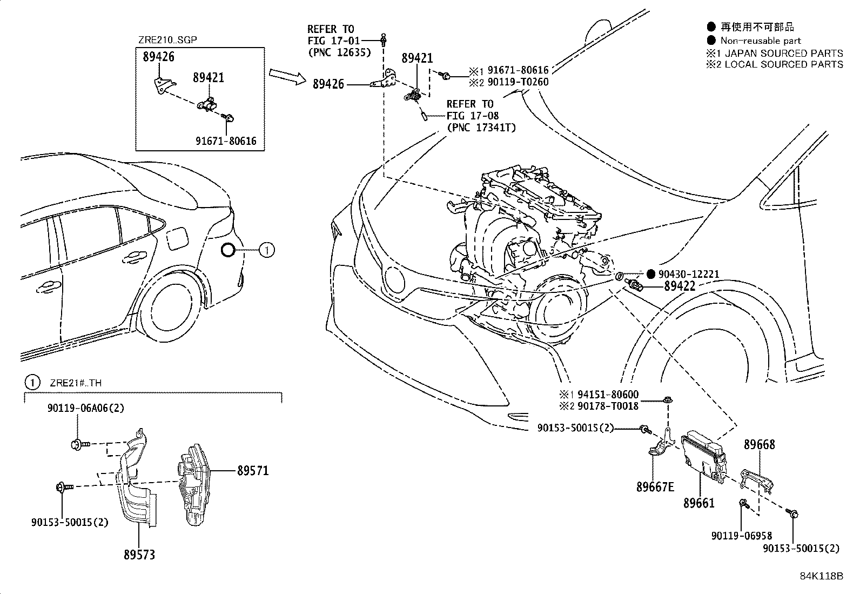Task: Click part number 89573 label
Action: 139,555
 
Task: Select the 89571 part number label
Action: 252,471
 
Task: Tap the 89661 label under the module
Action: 698,503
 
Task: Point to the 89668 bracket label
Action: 759,444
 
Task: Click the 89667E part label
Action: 655,486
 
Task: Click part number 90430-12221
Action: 688,274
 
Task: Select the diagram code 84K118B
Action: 821,576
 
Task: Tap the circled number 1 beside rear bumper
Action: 266,250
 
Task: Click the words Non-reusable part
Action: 760,41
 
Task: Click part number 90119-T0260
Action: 518,82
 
